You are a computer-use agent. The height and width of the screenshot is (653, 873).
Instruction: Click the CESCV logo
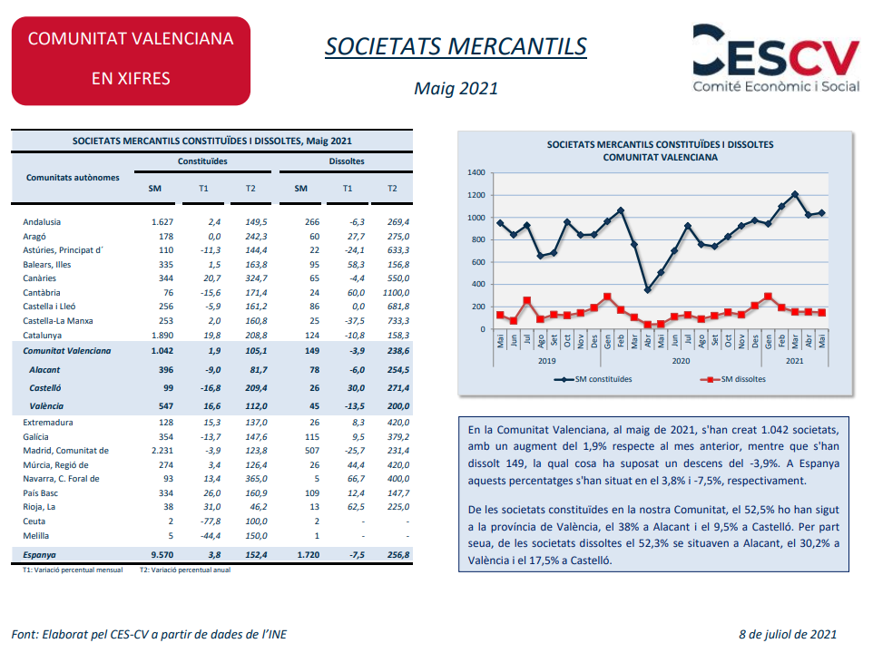(776, 58)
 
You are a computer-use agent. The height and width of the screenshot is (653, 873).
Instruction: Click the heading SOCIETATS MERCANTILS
(456, 46)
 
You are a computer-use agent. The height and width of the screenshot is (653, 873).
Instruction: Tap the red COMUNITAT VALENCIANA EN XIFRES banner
(131, 61)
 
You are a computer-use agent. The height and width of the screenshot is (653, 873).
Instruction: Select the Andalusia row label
(42, 222)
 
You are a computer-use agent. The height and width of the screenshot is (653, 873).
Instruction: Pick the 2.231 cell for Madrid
(162, 451)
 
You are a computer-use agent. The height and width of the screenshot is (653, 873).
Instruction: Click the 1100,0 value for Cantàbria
(396, 293)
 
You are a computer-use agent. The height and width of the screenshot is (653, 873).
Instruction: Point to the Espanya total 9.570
(162, 554)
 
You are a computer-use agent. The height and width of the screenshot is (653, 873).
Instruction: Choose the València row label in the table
(46, 406)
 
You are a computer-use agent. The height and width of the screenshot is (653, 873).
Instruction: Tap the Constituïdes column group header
(202, 161)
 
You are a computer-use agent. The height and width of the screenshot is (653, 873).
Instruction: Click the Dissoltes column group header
(347, 161)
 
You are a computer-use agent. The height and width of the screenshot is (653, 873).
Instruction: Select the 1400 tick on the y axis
(476, 172)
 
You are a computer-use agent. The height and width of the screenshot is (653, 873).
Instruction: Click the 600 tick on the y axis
(478, 262)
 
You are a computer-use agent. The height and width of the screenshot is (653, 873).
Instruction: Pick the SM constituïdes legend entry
(593, 379)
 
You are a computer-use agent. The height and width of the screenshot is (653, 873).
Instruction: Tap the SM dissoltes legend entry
(732, 379)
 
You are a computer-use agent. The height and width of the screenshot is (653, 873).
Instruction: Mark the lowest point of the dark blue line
(648, 290)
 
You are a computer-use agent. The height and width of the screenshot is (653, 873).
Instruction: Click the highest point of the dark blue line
(795, 194)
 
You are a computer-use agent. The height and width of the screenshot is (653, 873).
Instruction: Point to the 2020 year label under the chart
(681, 361)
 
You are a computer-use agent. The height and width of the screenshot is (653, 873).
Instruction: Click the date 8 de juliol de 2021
(788, 634)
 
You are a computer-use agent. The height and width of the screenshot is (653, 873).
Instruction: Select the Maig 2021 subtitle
(456, 89)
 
